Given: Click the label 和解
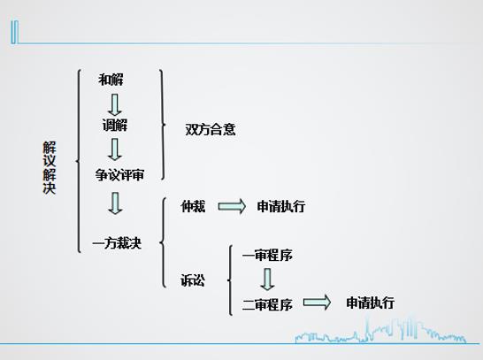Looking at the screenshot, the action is point(111,80).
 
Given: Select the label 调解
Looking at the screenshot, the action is point(115,125).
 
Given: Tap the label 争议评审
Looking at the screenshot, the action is point(119,175).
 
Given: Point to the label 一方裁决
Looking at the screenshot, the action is point(117,243).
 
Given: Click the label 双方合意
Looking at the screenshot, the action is point(211,129).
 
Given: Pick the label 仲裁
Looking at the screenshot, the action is point(193,206).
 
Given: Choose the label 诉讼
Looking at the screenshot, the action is point(193,280).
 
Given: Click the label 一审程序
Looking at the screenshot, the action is point(267,255).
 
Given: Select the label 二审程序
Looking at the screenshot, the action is point(267,305).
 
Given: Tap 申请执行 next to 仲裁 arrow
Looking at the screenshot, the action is point(281,206).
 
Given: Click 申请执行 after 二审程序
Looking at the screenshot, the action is point(371,303).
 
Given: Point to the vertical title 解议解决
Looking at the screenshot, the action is point(50,168).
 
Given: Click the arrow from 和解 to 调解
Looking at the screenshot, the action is point(115,105).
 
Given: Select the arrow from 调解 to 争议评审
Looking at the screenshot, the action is point(115,149).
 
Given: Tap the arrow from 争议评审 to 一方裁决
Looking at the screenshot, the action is point(115,203).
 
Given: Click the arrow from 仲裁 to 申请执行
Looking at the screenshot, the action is point(232,206).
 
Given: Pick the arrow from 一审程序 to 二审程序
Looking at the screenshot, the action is point(267,280).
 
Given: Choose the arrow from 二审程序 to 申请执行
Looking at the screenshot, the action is point(318,303).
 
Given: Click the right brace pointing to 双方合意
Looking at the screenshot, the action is point(163,125).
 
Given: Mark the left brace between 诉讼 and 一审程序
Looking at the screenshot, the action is point(229,280).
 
